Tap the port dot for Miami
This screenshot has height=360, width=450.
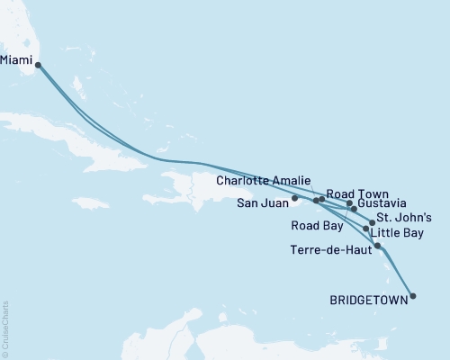38,64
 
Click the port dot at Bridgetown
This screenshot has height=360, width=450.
412,294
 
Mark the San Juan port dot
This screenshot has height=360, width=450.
295,197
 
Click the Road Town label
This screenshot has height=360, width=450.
356,193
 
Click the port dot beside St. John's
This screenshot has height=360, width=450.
372,221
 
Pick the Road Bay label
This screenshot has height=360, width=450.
315,225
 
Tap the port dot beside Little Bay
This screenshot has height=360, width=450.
364,229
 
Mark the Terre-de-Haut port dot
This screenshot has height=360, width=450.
377,246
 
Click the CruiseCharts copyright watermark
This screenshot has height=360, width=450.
5,328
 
